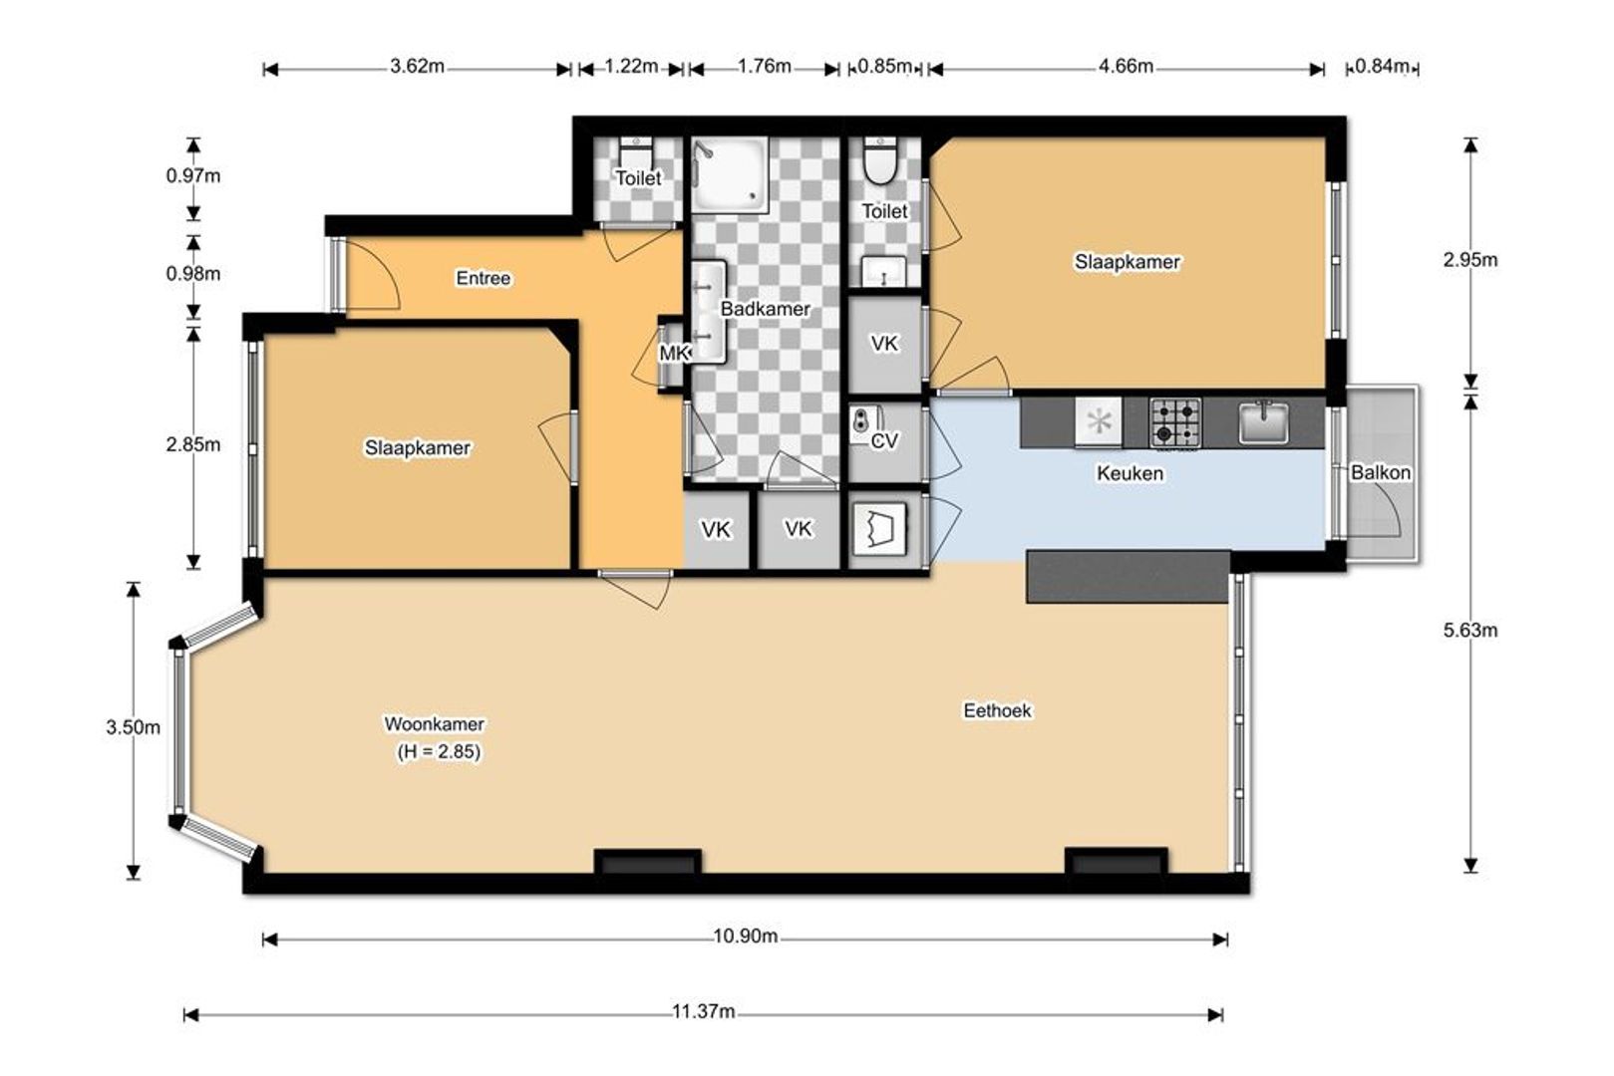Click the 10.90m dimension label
coord(745,937)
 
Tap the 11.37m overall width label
coord(703,1012)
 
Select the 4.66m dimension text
coord(1126,67)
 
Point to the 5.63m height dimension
coord(1469,631)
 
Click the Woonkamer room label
coord(434,724)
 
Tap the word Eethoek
coord(997,710)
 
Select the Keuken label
coord(1130,473)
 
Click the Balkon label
coord(1381,472)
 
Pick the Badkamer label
coord(766,309)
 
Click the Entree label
coord(483,278)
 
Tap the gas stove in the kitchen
coord(1175,422)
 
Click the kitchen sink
coord(1263,422)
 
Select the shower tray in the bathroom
coord(729,175)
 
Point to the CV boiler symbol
coord(864,424)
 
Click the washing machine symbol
coord(878,529)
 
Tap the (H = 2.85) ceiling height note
coord(438,752)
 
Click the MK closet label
coord(675,353)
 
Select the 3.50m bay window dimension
coord(134,727)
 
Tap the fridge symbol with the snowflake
coord(1099,421)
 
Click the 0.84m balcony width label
coord(1382,67)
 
